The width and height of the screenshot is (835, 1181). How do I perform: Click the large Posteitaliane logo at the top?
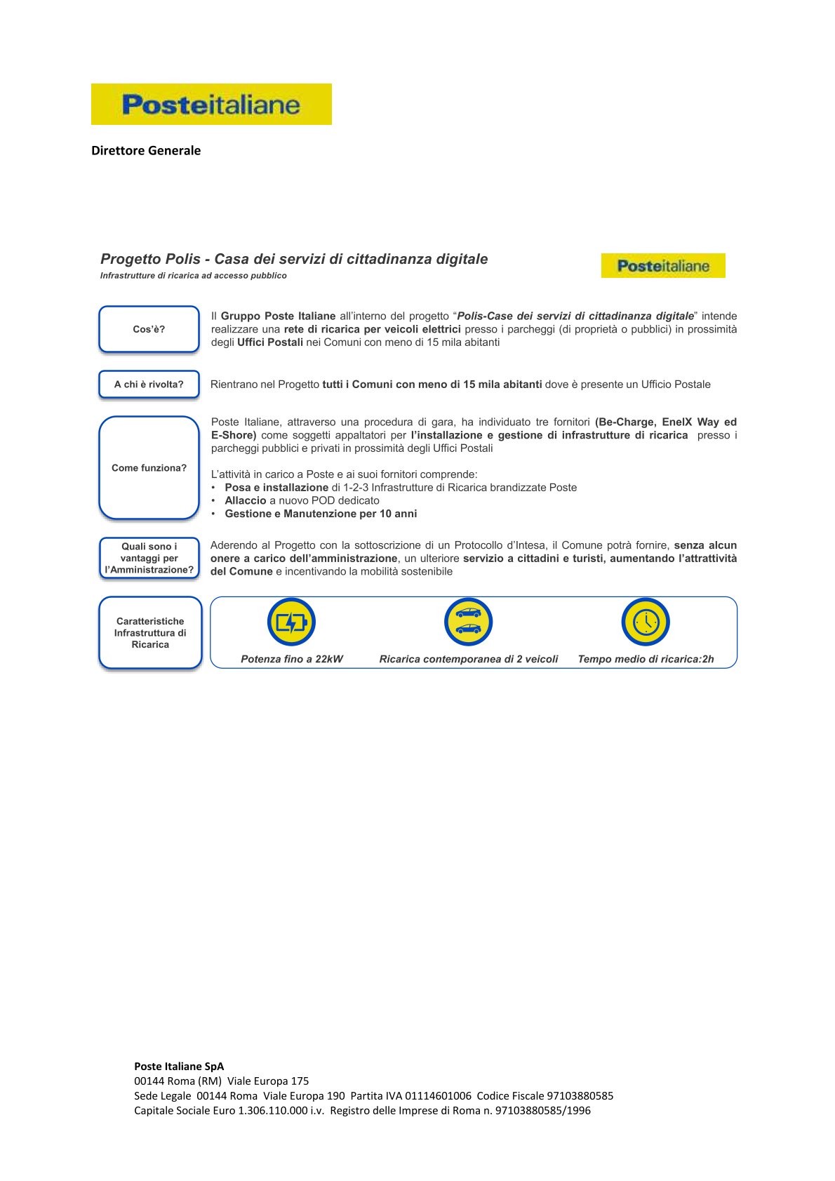(211, 105)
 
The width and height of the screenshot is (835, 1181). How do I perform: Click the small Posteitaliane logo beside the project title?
(663, 266)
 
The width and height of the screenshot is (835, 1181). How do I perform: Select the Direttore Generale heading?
(146, 151)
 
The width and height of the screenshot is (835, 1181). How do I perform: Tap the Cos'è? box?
(149, 329)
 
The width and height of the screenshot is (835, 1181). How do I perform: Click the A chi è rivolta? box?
(149, 385)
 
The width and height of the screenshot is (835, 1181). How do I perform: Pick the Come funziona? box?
(149, 468)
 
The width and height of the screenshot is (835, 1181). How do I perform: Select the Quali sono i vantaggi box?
(149, 559)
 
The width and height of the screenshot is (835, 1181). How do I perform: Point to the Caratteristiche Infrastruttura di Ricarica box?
(150, 633)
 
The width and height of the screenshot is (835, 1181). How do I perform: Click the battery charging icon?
(291, 622)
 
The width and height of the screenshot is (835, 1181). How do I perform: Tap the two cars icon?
(468, 622)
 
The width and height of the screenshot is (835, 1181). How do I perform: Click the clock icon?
(646, 622)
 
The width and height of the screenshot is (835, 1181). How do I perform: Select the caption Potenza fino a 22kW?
(292, 660)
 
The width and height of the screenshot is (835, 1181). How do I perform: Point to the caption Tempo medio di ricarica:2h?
(646, 660)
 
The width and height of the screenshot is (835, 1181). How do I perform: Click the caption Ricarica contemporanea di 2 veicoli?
(469, 660)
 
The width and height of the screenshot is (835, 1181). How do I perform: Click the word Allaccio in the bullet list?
(246, 501)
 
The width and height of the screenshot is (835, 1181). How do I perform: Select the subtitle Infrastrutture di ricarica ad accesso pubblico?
(194, 276)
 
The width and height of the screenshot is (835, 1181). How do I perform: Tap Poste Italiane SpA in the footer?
(179, 1067)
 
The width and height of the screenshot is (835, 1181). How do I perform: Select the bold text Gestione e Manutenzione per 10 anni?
(321, 514)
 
